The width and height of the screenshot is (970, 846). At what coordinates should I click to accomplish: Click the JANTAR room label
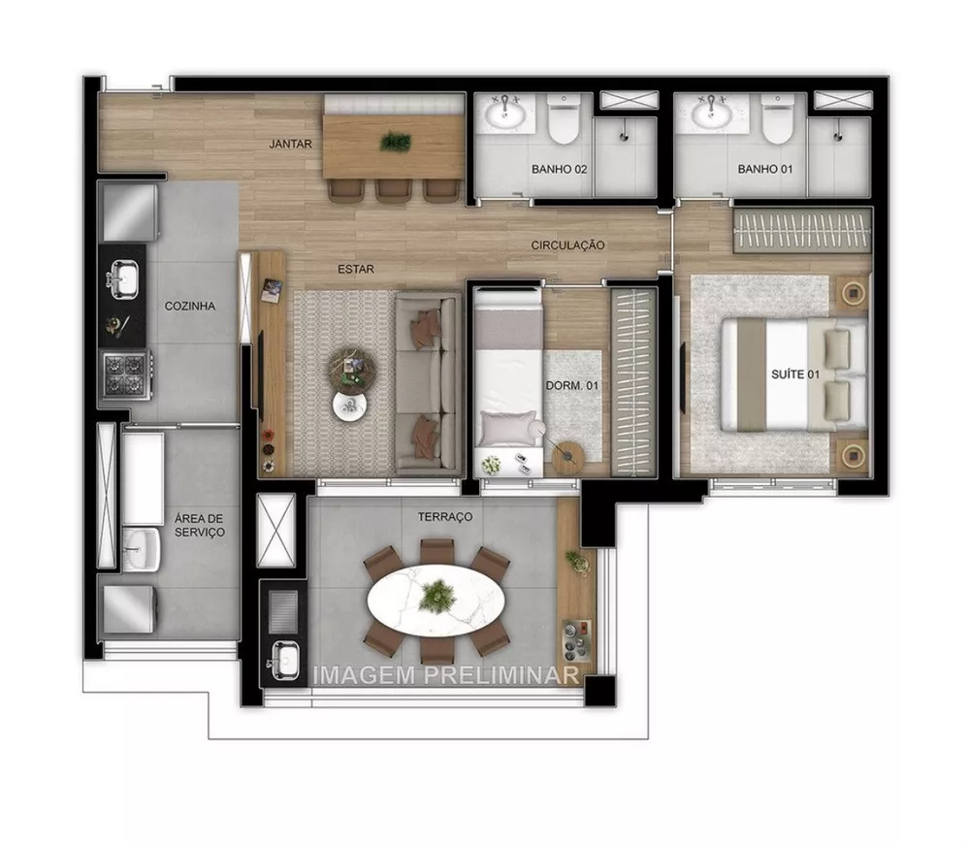pos(291,145)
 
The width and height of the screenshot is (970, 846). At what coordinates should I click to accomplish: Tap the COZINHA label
pos(189,306)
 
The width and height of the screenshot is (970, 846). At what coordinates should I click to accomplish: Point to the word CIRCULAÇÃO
pos(567,245)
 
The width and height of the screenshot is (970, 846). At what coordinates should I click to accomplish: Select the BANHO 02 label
pos(560,169)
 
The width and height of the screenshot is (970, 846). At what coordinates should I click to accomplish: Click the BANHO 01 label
pos(765,169)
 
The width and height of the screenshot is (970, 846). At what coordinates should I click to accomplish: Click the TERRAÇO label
pos(445,517)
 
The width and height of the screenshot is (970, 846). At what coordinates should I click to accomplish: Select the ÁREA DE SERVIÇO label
pos(200,525)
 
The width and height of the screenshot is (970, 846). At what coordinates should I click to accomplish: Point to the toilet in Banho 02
pos(562,119)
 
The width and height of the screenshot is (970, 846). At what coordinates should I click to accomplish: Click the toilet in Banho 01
pos(778,119)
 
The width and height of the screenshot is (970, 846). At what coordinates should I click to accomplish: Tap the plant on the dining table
pos(396,142)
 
